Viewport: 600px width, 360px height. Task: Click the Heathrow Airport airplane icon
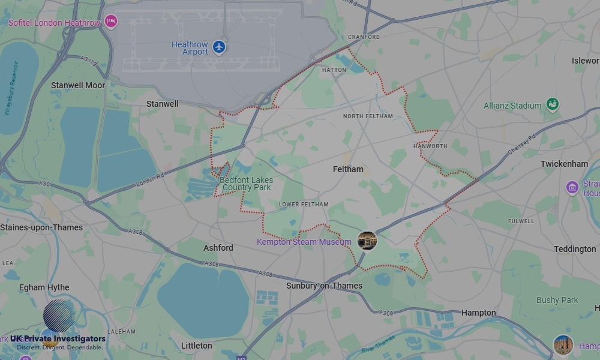(x=219, y=47)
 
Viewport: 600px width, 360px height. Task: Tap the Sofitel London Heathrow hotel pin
(x=110, y=22)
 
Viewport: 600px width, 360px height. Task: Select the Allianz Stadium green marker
(x=552, y=104)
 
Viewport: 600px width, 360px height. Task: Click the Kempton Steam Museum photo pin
(x=367, y=241)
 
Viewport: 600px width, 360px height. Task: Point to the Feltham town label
(x=348, y=169)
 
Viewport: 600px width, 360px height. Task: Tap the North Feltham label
(x=368, y=116)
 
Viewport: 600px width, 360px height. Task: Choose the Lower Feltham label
(x=304, y=205)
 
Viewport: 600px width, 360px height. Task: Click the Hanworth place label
(x=430, y=146)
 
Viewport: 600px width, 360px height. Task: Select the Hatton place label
(x=334, y=70)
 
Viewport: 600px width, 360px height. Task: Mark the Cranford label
(x=364, y=37)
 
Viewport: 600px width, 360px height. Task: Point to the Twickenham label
(x=564, y=164)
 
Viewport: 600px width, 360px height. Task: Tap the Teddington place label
(x=575, y=249)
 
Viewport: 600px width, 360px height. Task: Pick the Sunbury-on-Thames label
(x=324, y=286)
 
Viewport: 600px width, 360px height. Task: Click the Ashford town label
(x=218, y=248)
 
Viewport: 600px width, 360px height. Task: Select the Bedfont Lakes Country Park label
(x=247, y=184)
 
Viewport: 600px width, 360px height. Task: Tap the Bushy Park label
(x=557, y=300)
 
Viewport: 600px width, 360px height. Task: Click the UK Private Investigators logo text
(x=58, y=339)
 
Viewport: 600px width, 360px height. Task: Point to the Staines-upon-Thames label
(x=41, y=227)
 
